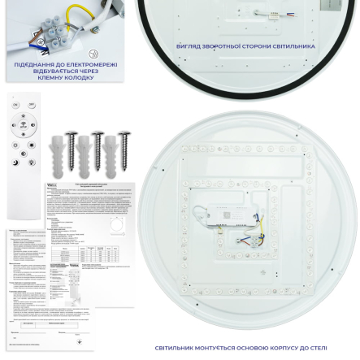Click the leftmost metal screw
click(71, 150)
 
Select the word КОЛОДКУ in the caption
click(80, 77)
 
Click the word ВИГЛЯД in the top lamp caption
click(189, 46)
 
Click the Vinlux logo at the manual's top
click(52, 185)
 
